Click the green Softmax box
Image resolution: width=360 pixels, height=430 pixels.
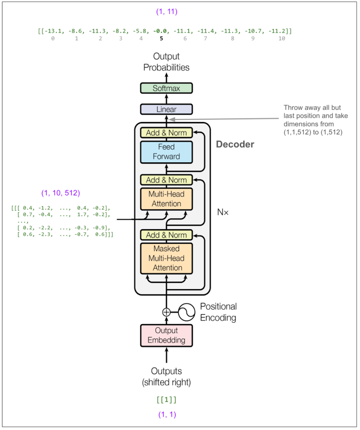pos(166,88)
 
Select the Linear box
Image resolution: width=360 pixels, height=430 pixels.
pos(166,109)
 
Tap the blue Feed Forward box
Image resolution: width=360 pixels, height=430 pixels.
pos(166,152)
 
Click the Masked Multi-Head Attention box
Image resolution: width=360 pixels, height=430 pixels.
pos(166,259)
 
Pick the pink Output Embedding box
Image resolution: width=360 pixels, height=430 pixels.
pos(166,336)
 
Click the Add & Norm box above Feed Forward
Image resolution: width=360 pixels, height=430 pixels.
pos(166,133)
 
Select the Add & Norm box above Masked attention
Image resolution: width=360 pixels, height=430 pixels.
pos(166,235)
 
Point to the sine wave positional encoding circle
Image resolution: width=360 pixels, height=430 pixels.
pos(186,312)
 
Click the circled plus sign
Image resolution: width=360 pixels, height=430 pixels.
pos(166,312)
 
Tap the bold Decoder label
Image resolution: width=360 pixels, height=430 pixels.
pos(235,145)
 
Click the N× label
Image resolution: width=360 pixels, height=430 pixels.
pos(222,212)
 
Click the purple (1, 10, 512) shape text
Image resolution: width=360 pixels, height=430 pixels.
pos(60,192)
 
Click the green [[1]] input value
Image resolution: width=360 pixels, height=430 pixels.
pos(166,400)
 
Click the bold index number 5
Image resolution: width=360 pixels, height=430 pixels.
pos(161,38)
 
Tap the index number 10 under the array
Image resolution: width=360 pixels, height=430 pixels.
pos(281,38)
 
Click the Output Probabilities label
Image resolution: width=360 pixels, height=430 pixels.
pos(166,62)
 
